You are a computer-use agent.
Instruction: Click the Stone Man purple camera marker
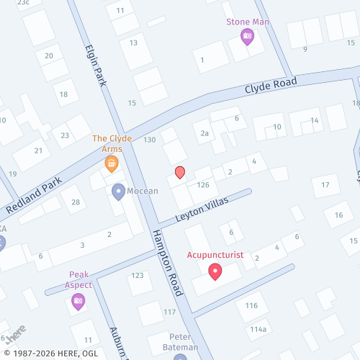click(x=247, y=36)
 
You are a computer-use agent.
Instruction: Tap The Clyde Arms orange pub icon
click(x=112, y=164)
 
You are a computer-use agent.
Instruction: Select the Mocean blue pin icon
click(x=119, y=192)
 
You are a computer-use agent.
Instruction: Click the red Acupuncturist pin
click(x=215, y=271)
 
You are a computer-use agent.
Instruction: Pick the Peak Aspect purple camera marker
click(x=78, y=301)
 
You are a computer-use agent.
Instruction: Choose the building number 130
click(x=150, y=140)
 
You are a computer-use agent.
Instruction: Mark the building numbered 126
click(x=202, y=185)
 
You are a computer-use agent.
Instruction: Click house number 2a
click(x=204, y=133)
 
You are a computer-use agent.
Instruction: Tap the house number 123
click(x=138, y=276)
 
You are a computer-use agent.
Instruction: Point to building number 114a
click(x=258, y=329)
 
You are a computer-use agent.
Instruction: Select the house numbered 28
click(x=76, y=202)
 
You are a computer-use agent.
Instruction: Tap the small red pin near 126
click(x=180, y=172)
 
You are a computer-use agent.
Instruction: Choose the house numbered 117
click(x=170, y=312)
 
